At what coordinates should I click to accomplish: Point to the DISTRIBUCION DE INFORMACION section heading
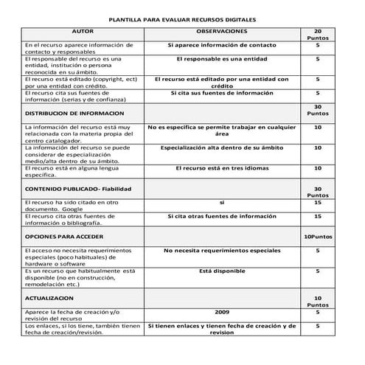click(74, 114)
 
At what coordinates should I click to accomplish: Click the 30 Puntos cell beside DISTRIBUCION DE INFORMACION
click(317, 111)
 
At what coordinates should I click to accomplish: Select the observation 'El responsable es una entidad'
click(221, 58)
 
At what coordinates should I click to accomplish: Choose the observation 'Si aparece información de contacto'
click(221, 46)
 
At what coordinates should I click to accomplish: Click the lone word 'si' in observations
click(221, 202)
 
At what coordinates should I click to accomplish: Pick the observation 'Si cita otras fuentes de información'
click(221, 216)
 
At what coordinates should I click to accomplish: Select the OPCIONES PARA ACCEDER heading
click(64, 237)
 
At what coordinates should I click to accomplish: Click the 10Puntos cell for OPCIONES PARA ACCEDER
click(317, 237)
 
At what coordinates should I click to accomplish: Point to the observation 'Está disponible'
click(221, 271)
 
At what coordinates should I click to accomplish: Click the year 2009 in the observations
click(221, 313)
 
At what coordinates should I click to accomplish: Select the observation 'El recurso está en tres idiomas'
click(221, 169)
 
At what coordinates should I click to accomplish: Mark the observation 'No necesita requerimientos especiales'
click(221, 251)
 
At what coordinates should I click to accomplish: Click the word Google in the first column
click(81, 209)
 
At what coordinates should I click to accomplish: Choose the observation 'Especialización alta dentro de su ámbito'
click(221, 147)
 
